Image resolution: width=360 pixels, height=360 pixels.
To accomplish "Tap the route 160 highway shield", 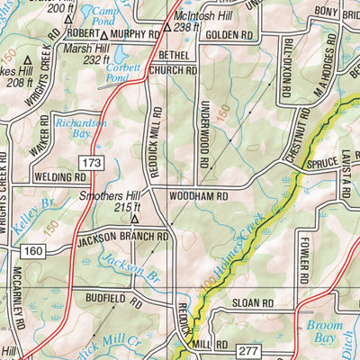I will coord(34,248).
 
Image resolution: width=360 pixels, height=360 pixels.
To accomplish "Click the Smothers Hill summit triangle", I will coord(134,218).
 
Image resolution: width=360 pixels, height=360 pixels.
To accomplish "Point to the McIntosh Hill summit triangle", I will coord(168,28).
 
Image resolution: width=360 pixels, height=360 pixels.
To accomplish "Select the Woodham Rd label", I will coord(193,194).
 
